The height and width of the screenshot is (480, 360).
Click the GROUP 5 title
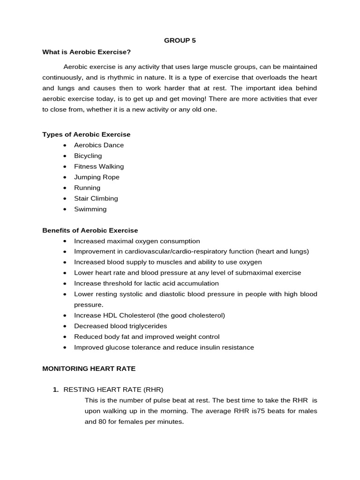pyautogui.click(x=180, y=40)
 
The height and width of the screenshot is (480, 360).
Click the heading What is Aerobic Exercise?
pyautogui.click(x=86, y=52)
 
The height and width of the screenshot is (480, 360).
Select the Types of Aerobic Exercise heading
pyautogui.click(x=86, y=135)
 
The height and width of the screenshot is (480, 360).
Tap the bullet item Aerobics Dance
pyautogui.click(x=99, y=145)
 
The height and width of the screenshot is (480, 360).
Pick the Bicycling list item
pyautogui.click(x=88, y=156)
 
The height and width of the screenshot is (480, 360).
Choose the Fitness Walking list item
pyautogui.click(x=99, y=166)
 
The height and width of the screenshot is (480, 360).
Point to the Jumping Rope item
pyautogui.click(x=97, y=177)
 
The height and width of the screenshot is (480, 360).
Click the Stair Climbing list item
pyautogui.click(x=96, y=199)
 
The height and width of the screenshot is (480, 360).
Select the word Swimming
pyautogui.click(x=90, y=210)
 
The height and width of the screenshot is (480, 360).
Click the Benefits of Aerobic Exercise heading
pyautogui.click(x=90, y=231)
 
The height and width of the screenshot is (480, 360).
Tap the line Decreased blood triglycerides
pyautogui.click(x=120, y=326)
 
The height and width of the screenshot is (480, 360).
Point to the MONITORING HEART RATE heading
pyautogui.click(x=89, y=369)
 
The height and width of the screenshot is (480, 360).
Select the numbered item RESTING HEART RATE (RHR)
pyautogui.click(x=113, y=390)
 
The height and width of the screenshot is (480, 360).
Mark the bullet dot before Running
pyautogui.click(x=64, y=188)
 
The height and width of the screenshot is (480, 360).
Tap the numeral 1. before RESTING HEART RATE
pyautogui.click(x=56, y=390)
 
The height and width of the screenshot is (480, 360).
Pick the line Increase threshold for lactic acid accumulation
pyautogui.click(x=146, y=284)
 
